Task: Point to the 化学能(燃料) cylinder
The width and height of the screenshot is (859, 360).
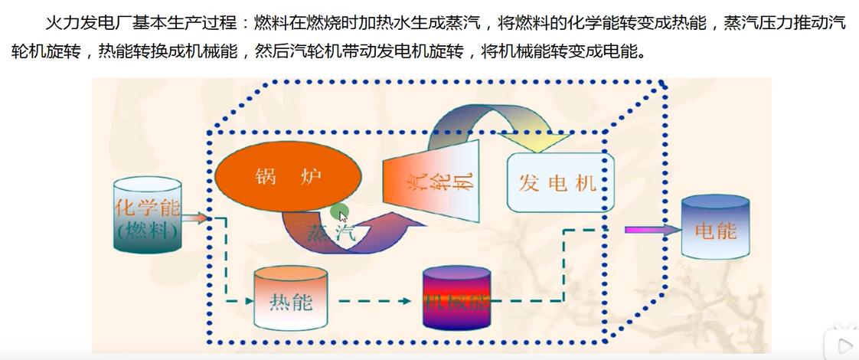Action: click(147, 217)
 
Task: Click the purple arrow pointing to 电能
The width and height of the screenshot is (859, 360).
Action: click(652, 229)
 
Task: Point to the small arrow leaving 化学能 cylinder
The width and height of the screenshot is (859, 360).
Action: click(196, 218)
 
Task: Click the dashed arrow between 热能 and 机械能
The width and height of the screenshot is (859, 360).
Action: click(375, 300)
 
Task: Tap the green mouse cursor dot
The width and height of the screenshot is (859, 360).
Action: click(340, 213)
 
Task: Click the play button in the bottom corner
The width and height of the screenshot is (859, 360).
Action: click(842, 345)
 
